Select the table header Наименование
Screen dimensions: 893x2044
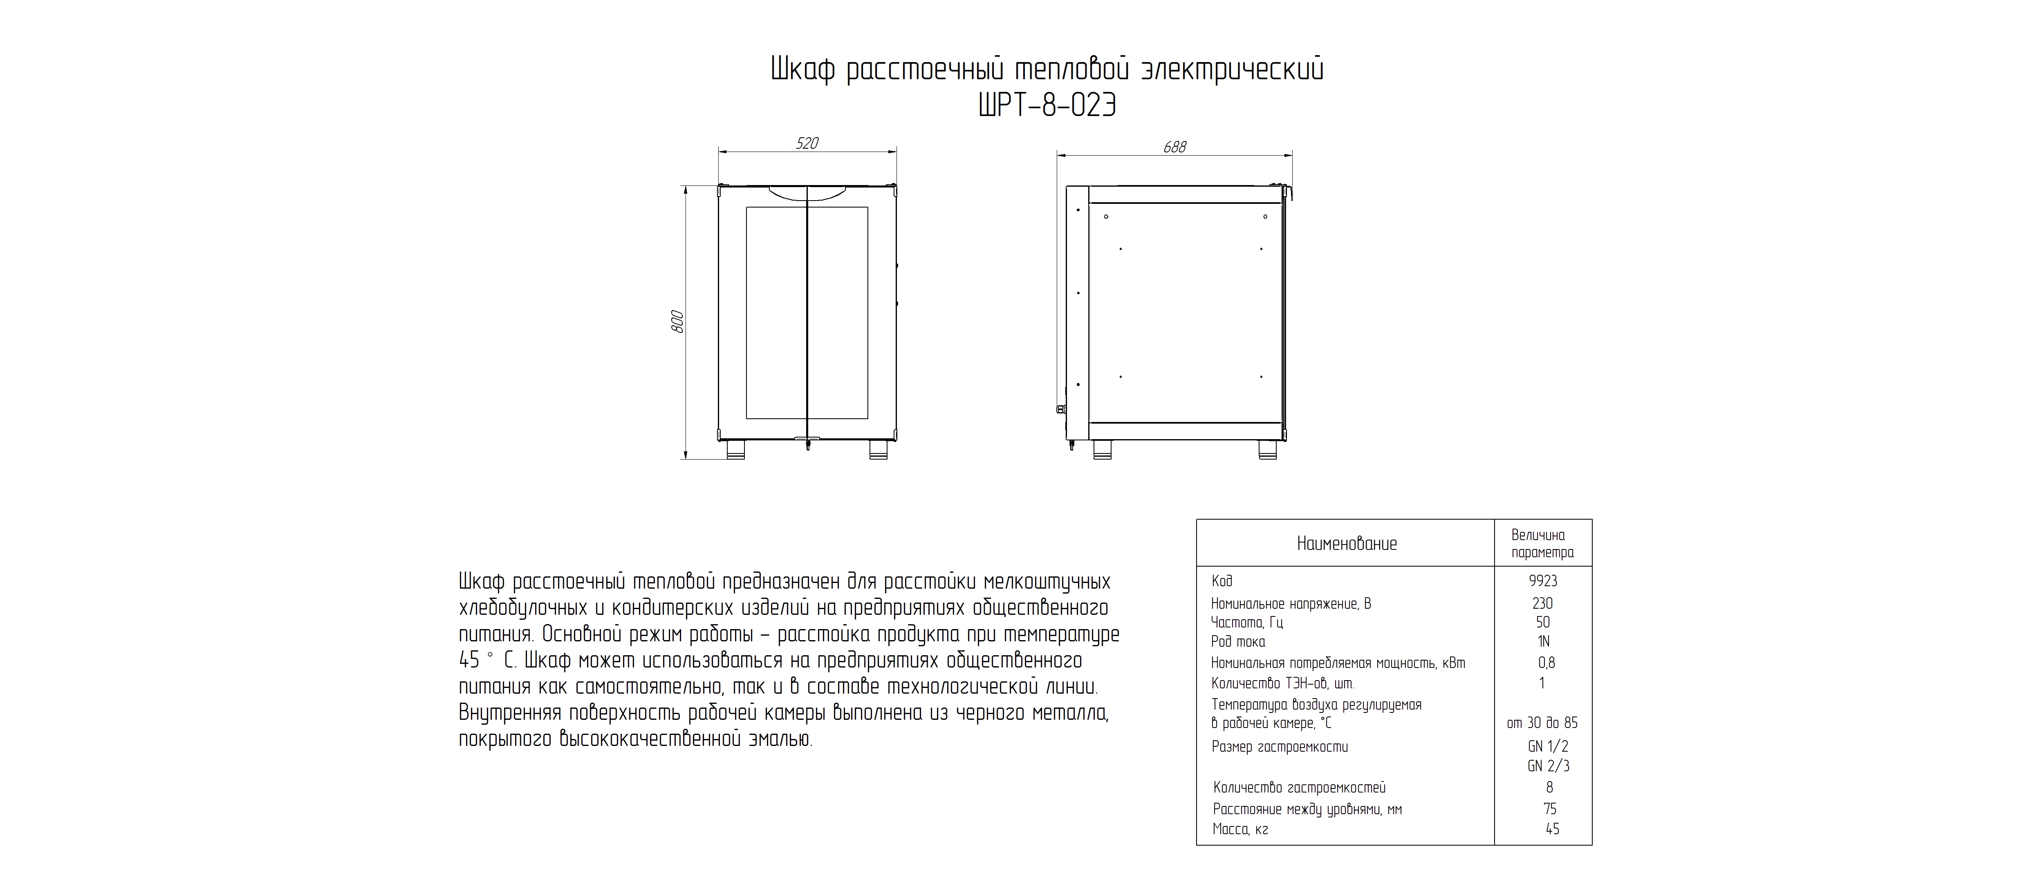coord(1347,544)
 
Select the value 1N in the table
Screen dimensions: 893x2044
coord(1543,642)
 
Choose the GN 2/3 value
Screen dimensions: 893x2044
coord(1548,766)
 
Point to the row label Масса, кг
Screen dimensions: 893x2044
coord(1240,830)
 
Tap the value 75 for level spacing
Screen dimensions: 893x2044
coord(1549,809)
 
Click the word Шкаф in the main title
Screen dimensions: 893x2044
coord(803,70)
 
